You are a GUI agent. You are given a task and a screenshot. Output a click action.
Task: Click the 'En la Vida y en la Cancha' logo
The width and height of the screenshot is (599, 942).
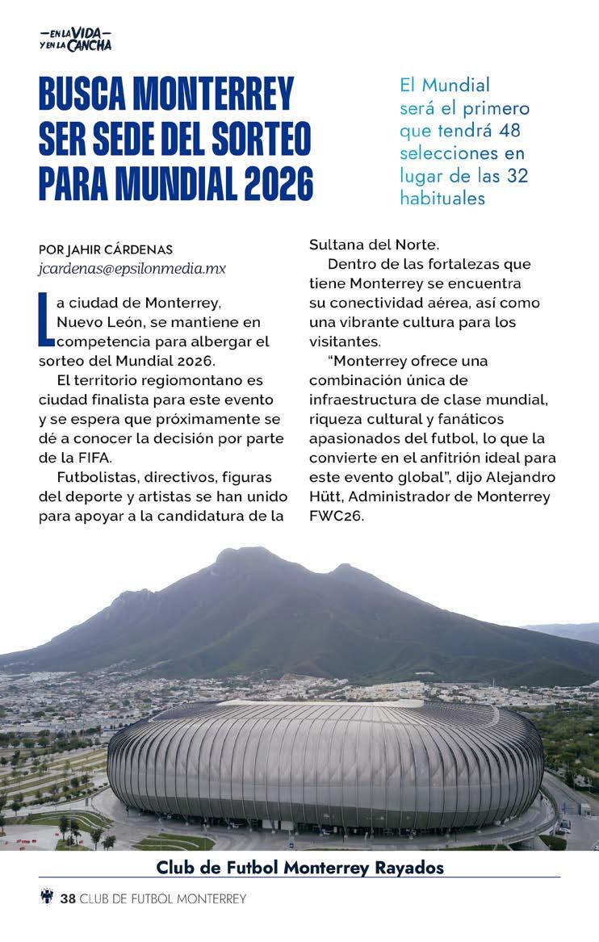pyautogui.click(x=75, y=39)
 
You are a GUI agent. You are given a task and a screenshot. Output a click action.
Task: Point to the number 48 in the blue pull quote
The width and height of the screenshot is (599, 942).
pyautogui.click(x=512, y=130)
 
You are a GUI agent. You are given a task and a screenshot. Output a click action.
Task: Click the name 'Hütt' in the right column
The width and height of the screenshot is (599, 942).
pyautogui.click(x=326, y=496)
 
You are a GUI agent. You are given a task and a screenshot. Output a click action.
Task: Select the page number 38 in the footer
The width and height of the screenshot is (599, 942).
pyautogui.click(x=67, y=898)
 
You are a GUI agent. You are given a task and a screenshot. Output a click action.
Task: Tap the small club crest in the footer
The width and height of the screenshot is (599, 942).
pyautogui.click(x=47, y=897)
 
